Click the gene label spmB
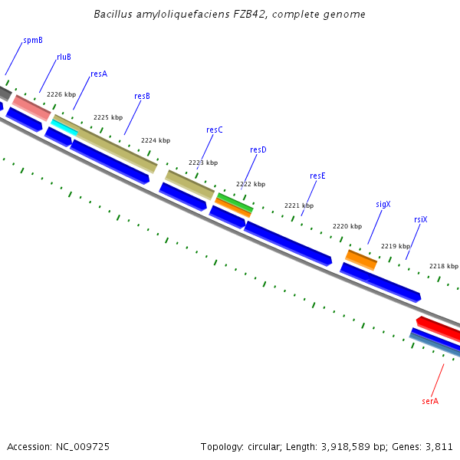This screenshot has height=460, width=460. click(33, 39)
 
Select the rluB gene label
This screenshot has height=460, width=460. click(64, 57)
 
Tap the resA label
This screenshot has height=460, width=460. click(99, 74)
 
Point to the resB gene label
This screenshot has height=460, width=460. click(142, 97)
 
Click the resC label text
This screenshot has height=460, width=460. click(215, 130)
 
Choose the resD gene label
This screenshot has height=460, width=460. click(258, 150)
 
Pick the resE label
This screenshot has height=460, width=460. click(317, 176)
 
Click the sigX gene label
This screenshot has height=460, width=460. click(383, 205)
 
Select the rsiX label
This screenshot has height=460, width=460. click(421, 220)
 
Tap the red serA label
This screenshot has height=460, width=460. click(430, 401)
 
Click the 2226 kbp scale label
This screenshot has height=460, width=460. click(61, 95)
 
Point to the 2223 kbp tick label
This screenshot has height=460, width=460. click(203, 163)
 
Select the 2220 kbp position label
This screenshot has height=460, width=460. click(347, 227)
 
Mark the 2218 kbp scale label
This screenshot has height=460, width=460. click(443, 266)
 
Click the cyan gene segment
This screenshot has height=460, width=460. click(65, 128)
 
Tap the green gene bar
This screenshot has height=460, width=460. click(235, 202)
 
